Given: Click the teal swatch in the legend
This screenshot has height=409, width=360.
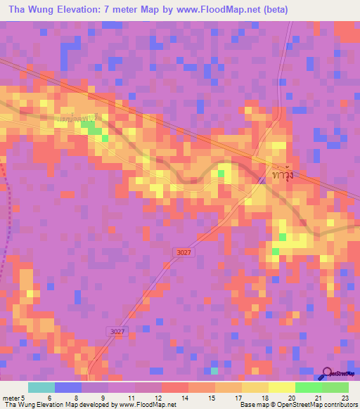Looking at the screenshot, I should (41, 387).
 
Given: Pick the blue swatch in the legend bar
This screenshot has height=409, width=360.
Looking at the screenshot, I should (68, 387).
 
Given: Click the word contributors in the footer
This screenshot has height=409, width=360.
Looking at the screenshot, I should (340, 405).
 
